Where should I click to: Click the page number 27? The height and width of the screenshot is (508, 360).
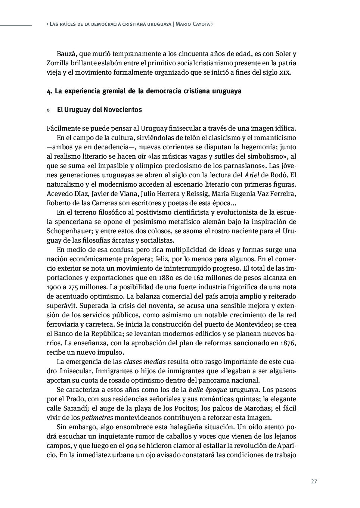click(314, 481)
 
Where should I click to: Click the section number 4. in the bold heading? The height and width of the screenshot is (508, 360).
click(49, 91)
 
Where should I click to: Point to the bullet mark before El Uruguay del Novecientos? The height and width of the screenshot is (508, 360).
click(49, 110)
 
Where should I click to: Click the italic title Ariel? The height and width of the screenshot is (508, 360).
click(252, 175)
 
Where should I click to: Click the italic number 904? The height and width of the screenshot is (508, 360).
click(131, 446)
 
